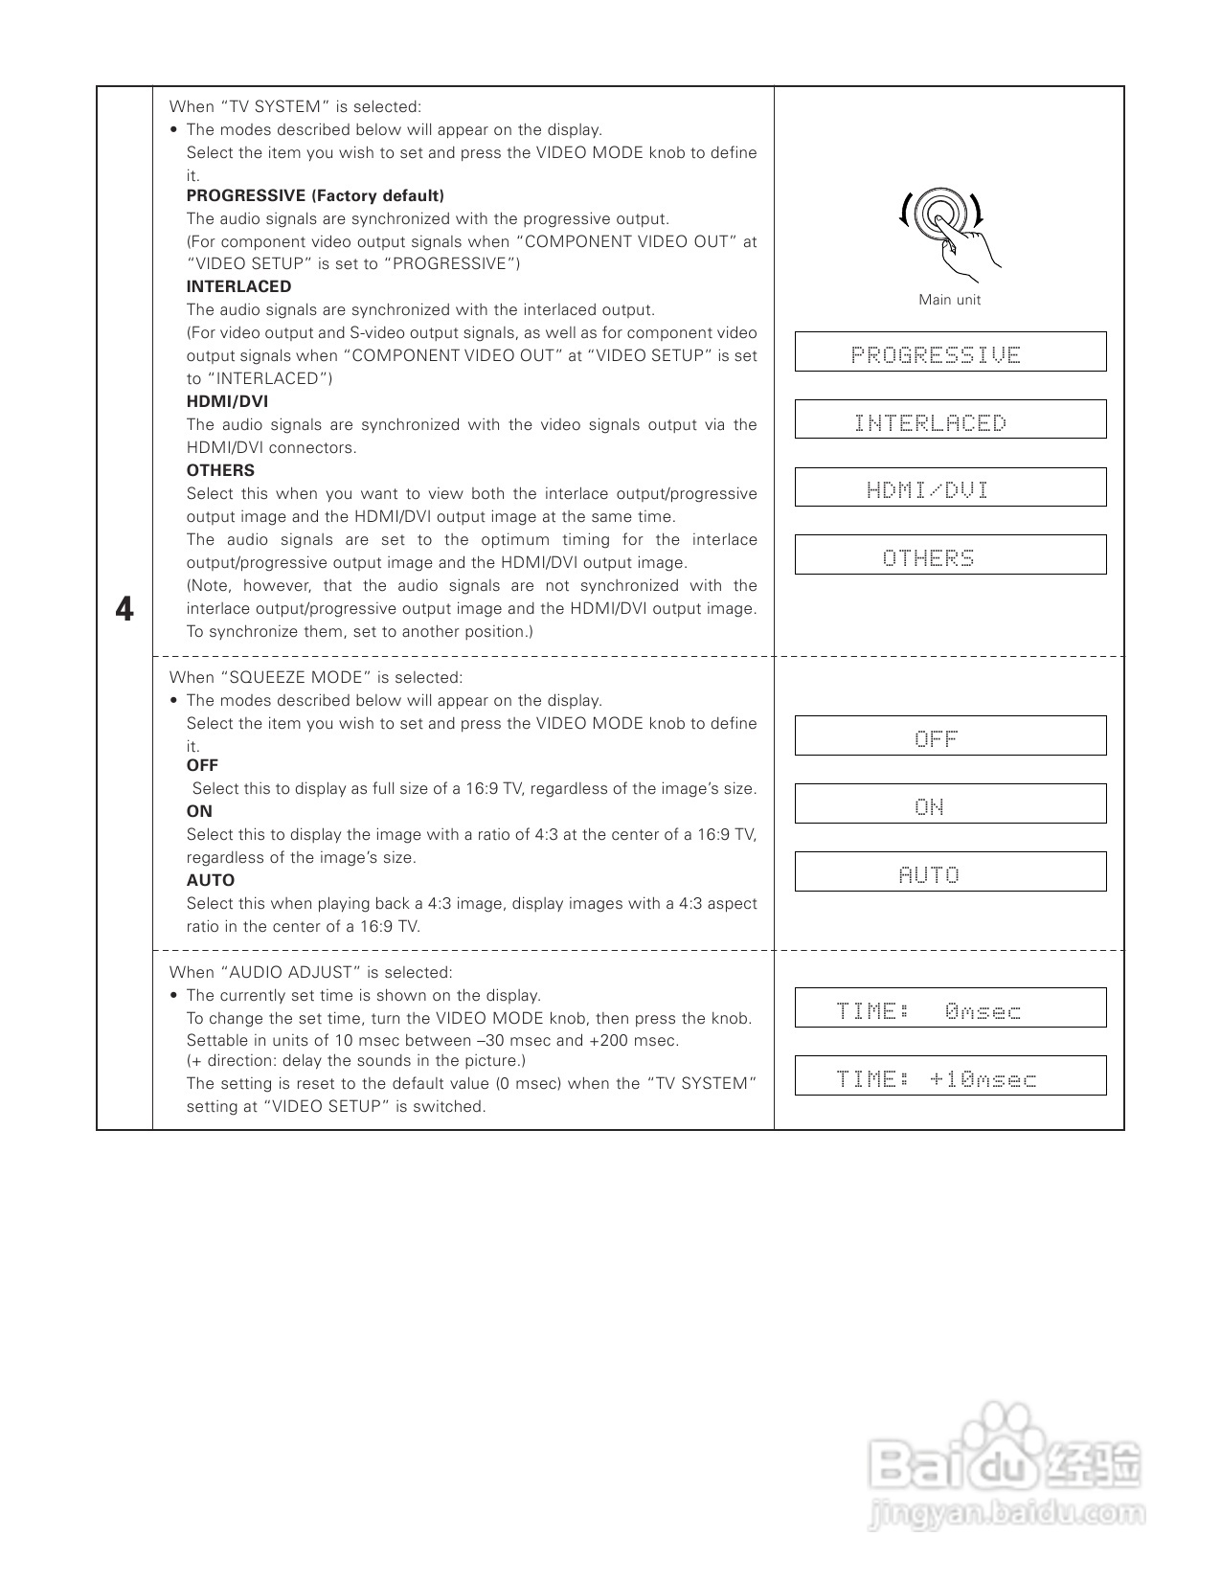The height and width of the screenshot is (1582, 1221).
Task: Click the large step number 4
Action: [124, 610]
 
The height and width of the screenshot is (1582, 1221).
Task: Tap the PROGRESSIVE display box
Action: [950, 352]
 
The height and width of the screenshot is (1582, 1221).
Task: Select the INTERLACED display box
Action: [950, 419]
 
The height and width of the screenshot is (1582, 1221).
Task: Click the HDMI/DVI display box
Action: [950, 487]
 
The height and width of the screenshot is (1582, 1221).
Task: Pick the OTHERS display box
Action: [950, 555]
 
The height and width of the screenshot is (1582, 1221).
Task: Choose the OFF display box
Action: [950, 735]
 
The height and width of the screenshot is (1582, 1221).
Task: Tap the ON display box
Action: [950, 803]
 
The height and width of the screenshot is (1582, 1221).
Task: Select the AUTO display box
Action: [950, 871]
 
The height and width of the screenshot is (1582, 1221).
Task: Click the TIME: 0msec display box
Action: [950, 1007]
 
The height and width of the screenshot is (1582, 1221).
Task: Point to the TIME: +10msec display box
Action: [950, 1075]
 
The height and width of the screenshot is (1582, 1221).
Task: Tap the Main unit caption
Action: [949, 300]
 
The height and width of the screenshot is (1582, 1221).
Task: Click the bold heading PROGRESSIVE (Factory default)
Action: [315, 196]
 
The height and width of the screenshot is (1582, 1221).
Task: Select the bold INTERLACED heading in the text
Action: [238, 286]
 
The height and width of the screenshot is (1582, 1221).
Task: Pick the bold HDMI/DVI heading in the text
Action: [227, 401]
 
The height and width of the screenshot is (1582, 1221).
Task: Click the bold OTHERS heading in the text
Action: [220, 470]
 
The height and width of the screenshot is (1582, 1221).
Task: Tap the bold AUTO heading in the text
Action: [210, 880]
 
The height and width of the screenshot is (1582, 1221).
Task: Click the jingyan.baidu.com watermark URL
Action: [1006, 1514]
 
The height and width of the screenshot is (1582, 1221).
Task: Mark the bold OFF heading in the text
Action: [202, 765]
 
